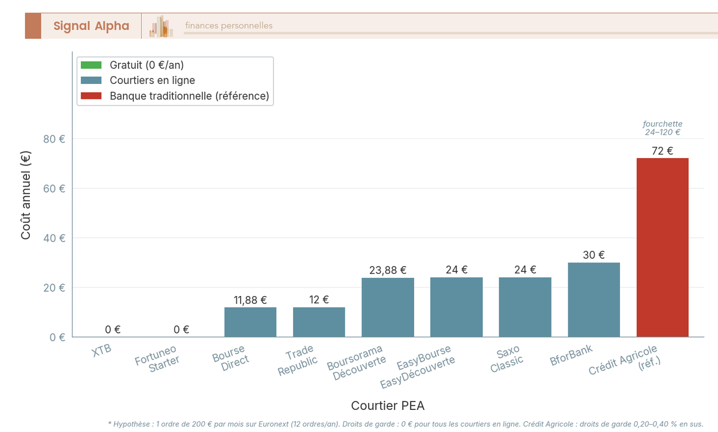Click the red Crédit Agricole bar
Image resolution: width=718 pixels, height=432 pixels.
(662, 247)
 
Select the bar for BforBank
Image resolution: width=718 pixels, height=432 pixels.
(594, 300)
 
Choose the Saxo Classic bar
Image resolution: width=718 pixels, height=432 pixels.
(525, 307)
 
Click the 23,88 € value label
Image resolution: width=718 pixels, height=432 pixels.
(388, 270)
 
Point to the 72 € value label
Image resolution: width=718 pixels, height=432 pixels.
(662, 151)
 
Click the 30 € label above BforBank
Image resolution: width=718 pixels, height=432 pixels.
(594, 255)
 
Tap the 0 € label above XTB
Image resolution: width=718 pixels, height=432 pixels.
(113, 329)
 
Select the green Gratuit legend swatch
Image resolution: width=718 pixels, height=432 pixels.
(92, 65)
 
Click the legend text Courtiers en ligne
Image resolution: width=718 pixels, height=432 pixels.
(153, 80)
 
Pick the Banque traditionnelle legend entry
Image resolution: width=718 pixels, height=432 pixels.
(189, 96)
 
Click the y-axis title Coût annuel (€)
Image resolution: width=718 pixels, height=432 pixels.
(26, 195)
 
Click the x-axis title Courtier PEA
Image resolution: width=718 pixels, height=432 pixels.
(388, 406)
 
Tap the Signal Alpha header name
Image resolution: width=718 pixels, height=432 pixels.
(91, 26)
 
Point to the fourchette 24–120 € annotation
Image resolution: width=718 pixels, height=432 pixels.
(662, 128)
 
